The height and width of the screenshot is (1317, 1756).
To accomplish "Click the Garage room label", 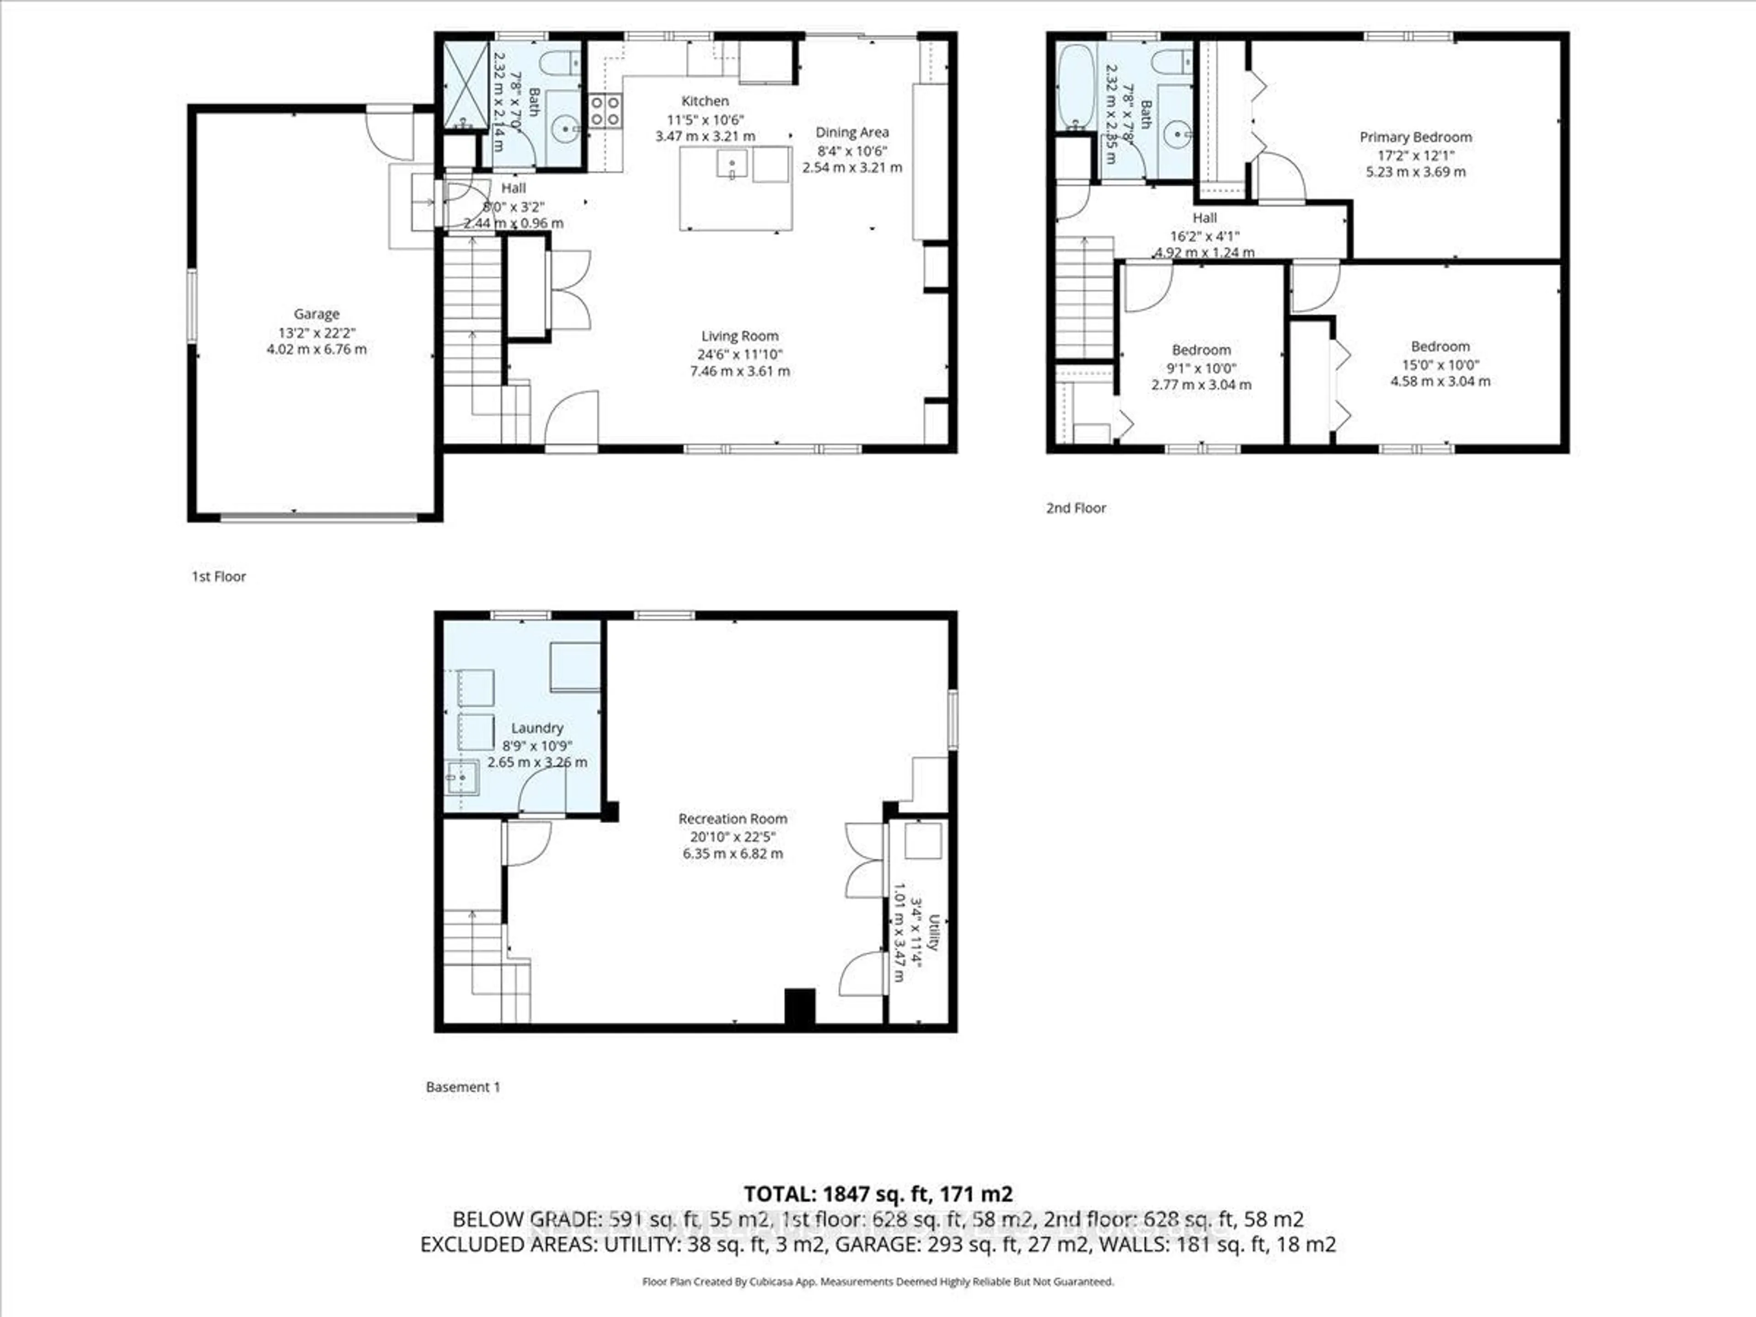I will [316, 314].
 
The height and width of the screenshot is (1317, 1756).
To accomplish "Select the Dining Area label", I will [852, 133].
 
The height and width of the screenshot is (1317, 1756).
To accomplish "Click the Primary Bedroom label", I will [1415, 137].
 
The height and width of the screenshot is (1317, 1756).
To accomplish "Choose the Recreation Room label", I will [732, 819].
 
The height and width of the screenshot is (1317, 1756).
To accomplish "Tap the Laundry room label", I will [537, 728].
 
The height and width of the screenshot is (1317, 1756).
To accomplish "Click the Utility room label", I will [934, 933].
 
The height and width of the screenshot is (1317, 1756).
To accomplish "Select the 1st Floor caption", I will [218, 576].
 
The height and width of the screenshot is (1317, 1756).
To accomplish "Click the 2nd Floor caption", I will [1075, 508].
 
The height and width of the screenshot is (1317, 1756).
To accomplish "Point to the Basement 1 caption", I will [463, 1087].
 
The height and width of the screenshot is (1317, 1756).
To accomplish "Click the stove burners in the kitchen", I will [605, 110].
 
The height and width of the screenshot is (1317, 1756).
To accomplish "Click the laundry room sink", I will [461, 778].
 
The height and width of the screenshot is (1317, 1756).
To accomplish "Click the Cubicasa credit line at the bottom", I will [877, 1281].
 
